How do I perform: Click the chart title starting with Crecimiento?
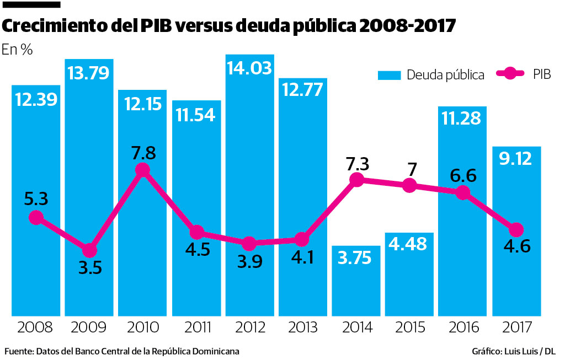(x=230, y=26)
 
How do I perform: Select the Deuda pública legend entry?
(x=431, y=75)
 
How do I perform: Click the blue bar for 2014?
(x=356, y=281)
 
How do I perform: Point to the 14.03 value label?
(x=249, y=68)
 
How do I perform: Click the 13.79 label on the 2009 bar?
(x=89, y=72)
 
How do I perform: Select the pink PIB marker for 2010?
(x=142, y=170)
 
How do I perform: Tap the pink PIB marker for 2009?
(x=89, y=250)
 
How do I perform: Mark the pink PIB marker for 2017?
(x=516, y=229)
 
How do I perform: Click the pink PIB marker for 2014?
(x=356, y=180)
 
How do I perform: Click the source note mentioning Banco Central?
(x=122, y=351)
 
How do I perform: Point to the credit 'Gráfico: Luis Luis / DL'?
(x=514, y=351)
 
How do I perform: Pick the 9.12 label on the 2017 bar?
(x=516, y=159)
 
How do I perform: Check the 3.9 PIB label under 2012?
(x=249, y=263)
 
